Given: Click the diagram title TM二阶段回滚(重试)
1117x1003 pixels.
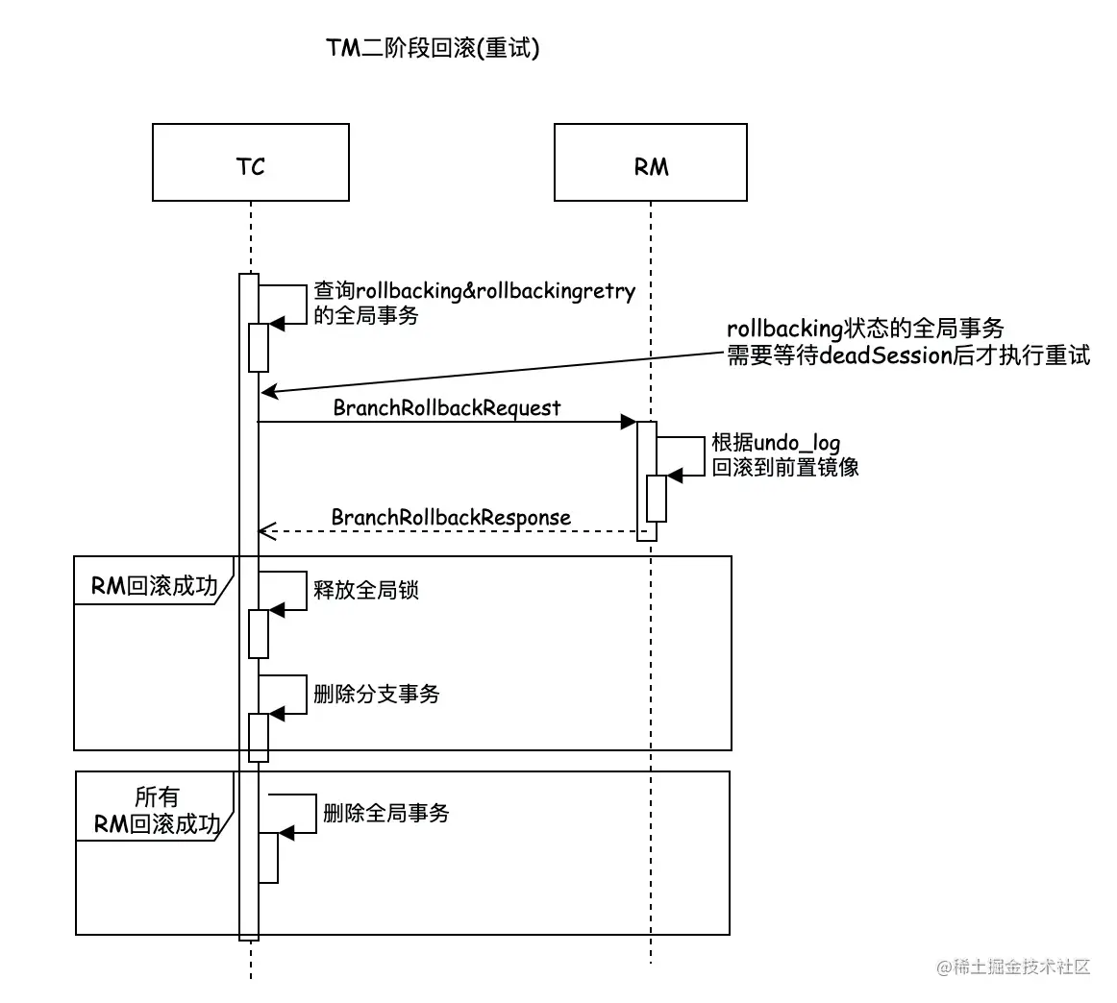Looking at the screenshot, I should tap(433, 48).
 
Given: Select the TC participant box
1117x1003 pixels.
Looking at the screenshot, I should tap(250, 162).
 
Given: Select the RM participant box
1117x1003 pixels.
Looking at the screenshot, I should tap(650, 162).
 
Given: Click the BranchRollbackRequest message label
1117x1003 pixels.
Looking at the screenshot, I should tap(447, 407).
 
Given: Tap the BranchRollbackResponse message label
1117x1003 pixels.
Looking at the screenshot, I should tap(451, 518).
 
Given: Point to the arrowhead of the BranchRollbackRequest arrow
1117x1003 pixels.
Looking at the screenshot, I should tap(630, 422).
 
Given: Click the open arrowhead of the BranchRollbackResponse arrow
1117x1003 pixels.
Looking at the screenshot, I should tap(266, 531).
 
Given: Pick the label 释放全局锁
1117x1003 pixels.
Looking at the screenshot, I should tap(366, 590).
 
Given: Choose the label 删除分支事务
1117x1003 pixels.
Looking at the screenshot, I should tap(377, 694).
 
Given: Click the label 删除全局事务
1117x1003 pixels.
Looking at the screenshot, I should tap(386, 813).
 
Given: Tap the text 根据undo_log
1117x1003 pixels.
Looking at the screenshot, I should tap(776, 443).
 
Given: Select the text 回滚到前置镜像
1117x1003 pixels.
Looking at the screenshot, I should tap(785, 468).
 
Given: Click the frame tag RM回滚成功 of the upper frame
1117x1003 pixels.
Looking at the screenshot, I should tap(154, 586).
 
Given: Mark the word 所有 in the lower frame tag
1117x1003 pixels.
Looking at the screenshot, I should tap(157, 796).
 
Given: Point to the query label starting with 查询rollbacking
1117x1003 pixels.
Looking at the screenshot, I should tap(475, 291).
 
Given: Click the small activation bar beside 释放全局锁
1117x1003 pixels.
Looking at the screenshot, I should tap(259, 633).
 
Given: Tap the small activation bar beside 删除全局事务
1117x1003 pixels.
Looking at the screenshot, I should tap(268, 857).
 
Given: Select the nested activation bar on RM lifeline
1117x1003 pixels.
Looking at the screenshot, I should tap(657, 499).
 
